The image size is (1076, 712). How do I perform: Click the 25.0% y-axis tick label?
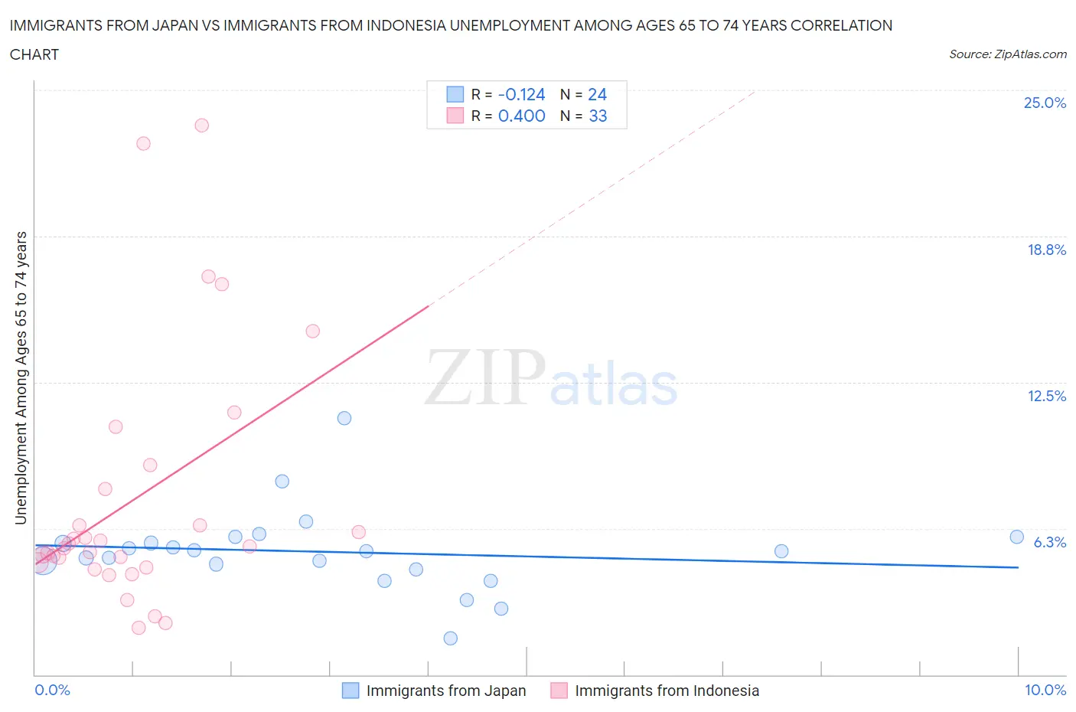1045,103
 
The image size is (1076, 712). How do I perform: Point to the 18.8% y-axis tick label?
1046,250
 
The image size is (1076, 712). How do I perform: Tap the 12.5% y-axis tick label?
1046,396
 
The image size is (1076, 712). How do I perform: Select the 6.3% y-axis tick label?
1049,542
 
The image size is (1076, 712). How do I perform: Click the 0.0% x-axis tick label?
52,690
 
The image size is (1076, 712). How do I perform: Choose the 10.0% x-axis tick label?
1045,690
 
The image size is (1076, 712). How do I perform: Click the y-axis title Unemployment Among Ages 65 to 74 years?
21,378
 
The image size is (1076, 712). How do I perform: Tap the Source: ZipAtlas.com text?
1007,54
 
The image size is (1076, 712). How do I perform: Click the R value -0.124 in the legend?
521,94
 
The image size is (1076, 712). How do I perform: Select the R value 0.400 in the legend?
521,116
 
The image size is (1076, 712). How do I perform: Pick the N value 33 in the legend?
598,116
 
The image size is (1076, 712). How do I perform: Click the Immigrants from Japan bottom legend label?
445,691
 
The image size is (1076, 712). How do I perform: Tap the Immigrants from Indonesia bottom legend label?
667,691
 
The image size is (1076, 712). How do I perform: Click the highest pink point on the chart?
201,125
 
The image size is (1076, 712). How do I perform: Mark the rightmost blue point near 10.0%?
1016,537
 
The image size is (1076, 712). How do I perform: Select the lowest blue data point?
450,638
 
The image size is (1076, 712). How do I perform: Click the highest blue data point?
344,418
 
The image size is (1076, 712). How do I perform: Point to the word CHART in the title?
34,54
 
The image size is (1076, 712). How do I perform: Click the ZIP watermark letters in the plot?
484,377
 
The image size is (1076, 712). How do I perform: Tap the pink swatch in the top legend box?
455,116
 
